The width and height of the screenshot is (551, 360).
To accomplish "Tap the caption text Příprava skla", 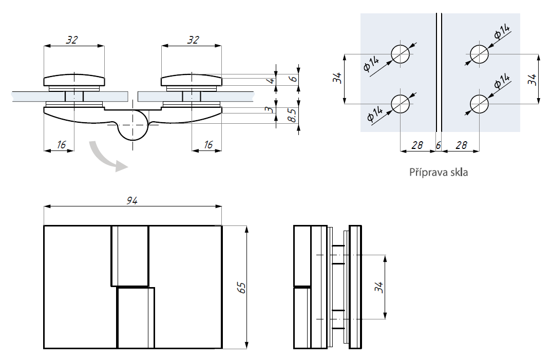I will click(439, 172).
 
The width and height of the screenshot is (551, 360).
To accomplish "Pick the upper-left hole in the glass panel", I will click(401, 54).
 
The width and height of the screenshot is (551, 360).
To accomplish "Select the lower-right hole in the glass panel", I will click(480, 104).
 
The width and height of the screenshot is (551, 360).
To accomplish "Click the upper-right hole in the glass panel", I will click(480, 54).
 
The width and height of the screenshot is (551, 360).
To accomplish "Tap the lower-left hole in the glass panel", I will click(401, 104).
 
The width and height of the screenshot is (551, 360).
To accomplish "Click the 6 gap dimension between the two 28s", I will click(438, 145).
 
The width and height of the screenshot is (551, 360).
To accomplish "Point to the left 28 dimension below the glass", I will click(417, 145).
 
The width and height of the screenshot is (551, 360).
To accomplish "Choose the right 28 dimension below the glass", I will click(461, 145).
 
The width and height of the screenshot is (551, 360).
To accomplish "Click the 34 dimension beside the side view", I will click(378, 287).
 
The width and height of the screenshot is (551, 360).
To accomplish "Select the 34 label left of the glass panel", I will click(337, 79).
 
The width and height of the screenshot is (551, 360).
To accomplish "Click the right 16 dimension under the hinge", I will click(207, 145).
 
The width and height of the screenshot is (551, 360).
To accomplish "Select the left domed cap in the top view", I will click(74, 80).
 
